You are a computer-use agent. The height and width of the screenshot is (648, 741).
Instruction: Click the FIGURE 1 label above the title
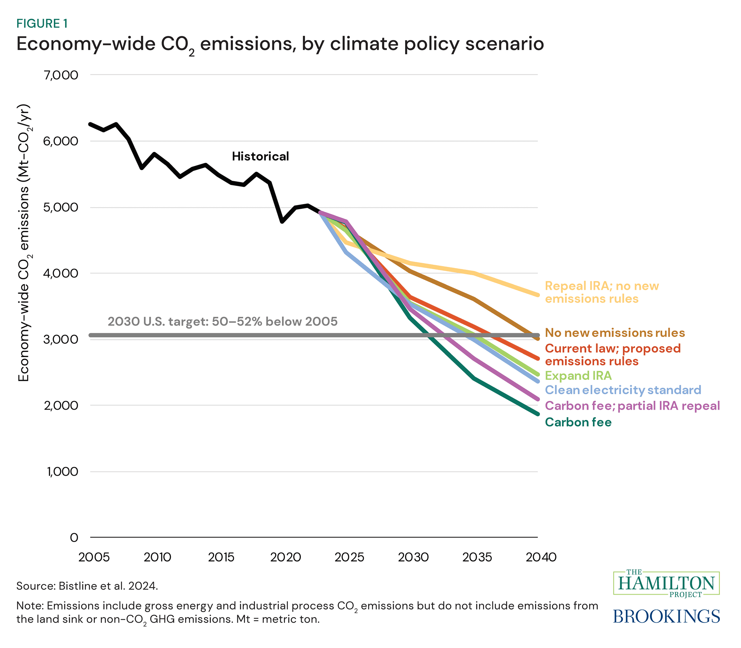coord(42,24)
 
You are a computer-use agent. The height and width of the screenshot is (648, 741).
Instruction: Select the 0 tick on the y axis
coord(74,537)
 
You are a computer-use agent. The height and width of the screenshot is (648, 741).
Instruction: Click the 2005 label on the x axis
coord(94,557)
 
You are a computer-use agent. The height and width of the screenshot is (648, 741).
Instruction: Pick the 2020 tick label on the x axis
coord(285,557)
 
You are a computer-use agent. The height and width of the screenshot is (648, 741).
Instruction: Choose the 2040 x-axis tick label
coord(541,557)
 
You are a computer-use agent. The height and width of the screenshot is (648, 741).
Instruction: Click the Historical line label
coord(260,157)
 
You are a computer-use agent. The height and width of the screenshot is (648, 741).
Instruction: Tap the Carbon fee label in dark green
coord(578,422)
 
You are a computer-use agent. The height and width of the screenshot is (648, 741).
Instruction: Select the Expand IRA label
coord(578,376)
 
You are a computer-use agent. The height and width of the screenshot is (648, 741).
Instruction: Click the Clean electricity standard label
coord(623,390)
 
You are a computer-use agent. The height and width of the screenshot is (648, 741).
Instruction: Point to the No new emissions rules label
coord(615,333)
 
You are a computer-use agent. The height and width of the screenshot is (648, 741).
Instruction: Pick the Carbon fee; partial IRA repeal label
coord(633,406)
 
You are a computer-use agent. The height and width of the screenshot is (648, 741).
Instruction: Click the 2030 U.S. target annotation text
coord(222,322)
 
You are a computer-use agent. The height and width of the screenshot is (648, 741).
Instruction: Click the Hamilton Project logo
coord(666,583)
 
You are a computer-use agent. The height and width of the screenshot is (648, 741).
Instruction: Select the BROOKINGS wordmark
coord(666,616)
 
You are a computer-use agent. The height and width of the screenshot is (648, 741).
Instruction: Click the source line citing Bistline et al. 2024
coord(87,586)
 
